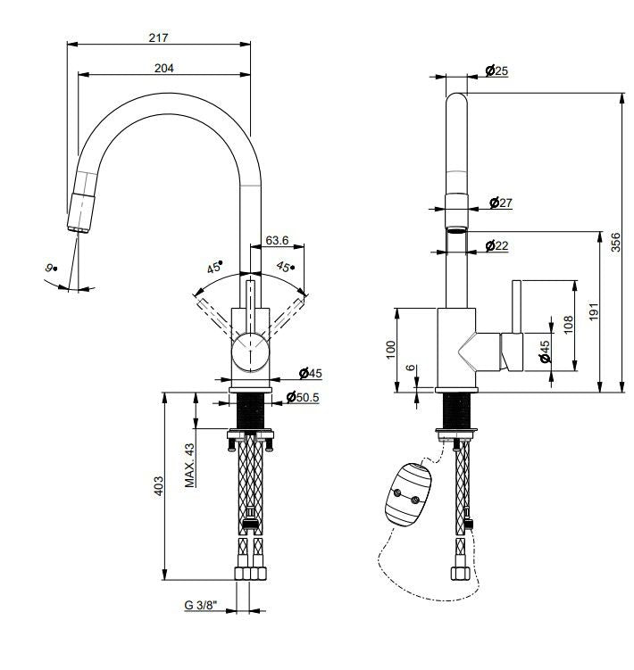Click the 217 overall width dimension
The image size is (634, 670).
[x=160, y=37]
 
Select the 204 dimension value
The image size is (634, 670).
[x=163, y=68]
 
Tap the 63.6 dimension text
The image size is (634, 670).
[x=277, y=240]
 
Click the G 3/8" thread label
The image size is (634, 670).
[x=203, y=605]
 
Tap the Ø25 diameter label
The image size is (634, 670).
[x=496, y=70]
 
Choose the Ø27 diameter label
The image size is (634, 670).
[x=501, y=203]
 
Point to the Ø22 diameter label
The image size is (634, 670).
[x=496, y=245]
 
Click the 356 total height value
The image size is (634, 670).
[x=615, y=243]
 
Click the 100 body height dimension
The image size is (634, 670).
[x=389, y=349]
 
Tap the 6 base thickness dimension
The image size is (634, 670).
[x=410, y=368]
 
